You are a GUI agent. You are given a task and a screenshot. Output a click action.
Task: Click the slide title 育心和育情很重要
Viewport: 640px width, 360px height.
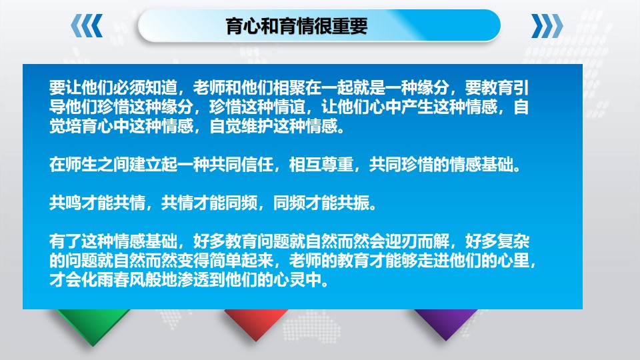pos(296,26)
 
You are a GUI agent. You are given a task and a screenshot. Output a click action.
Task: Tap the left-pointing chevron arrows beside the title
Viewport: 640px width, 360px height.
pos(87,26)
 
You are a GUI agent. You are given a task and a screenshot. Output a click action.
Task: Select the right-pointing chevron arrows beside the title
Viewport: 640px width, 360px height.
pos(546,26)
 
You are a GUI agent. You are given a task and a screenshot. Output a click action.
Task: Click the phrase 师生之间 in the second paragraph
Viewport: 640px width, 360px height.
pos(83,165)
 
